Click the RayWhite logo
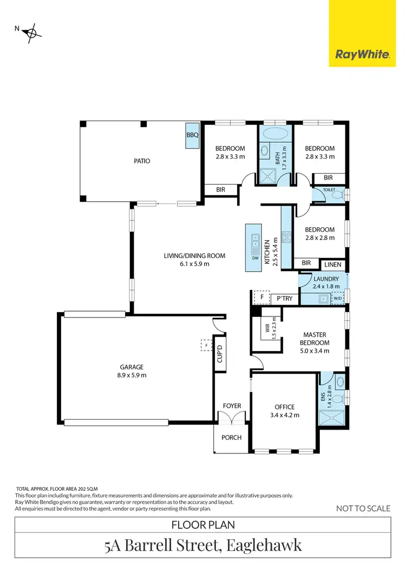(x=362, y=55)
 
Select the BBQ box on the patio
(x=193, y=135)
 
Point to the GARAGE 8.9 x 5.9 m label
(x=132, y=371)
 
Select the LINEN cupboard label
(x=332, y=264)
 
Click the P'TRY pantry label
(x=284, y=298)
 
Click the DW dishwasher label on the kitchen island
(x=255, y=258)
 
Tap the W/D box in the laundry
(x=337, y=298)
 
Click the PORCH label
(x=232, y=437)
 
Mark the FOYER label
(x=232, y=406)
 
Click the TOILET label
(x=329, y=190)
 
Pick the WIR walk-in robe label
(x=267, y=328)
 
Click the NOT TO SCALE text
(x=363, y=508)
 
